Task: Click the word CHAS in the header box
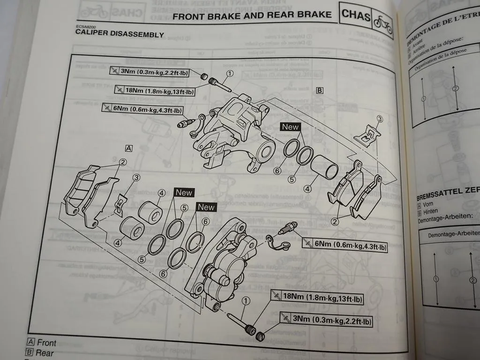(x=356, y=15)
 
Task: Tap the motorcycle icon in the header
(x=382, y=22)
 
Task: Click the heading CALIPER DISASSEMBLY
(x=120, y=35)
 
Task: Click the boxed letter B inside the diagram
(x=320, y=90)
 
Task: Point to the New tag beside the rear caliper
(x=290, y=127)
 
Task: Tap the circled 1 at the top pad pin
(x=230, y=73)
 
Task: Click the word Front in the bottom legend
(x=47, y=343)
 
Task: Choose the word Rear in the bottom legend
(x=45, y=353)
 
